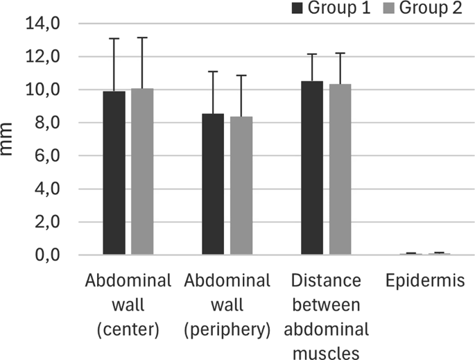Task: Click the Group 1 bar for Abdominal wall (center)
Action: click(114, 173)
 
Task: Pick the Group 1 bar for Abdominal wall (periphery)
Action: click(213, 185)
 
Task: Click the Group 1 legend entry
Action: click(316, 8)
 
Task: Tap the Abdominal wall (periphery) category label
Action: click(227, 306)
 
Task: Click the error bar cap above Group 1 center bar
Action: click(114, 38)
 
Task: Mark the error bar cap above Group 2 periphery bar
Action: click(241, 76)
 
